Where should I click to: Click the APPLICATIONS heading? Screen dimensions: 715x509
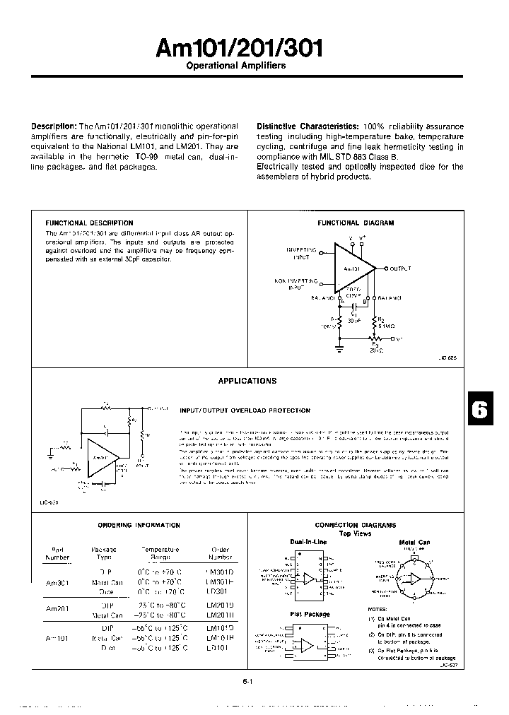(247, 381)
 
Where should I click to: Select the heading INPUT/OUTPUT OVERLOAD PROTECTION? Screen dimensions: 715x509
(245, 410)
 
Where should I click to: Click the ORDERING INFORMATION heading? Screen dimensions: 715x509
(139, 525)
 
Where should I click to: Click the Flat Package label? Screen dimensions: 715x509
(310, 615)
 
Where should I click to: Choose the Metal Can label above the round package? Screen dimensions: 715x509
(414, 543)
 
